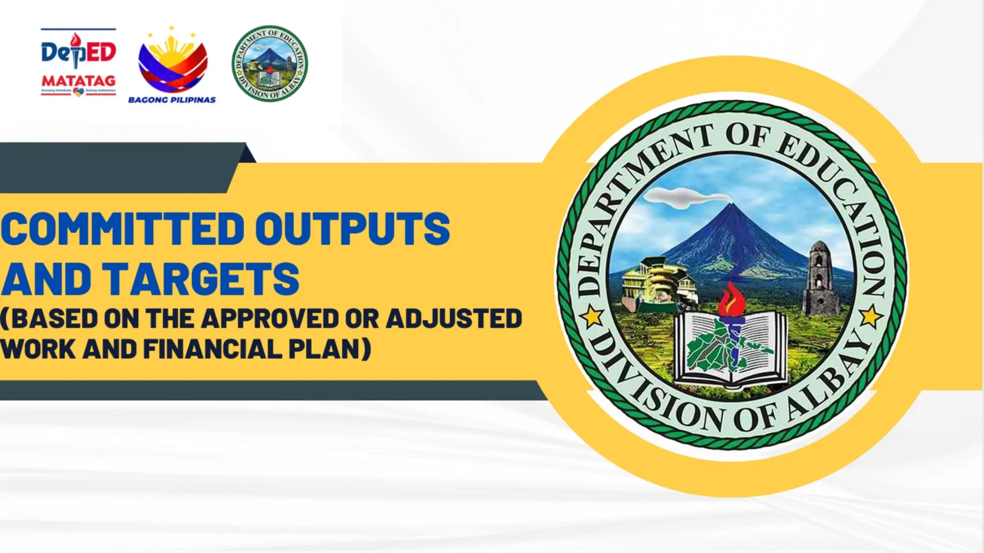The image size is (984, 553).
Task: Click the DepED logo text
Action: click(78, 52)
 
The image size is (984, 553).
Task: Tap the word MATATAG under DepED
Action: click(78, 80)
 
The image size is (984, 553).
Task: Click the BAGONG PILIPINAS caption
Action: click(172, 100)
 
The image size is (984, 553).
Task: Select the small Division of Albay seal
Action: click(270, 63)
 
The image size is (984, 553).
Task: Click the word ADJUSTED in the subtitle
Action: click(454, 319)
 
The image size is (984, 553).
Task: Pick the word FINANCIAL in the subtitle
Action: click(212, 349)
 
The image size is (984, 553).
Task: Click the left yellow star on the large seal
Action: click(592, 317)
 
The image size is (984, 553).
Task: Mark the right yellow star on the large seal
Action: click(870, 317)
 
